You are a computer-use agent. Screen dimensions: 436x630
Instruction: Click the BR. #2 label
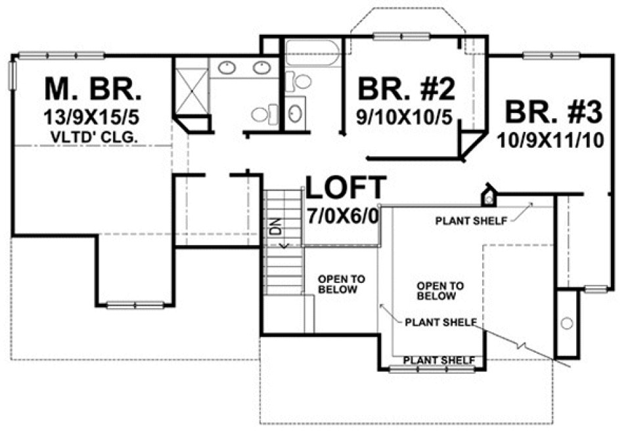(x=407, y=88)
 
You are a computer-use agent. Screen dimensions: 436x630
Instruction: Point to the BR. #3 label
(x=552, y=114)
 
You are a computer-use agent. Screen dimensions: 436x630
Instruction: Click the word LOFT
(x=346, y=188)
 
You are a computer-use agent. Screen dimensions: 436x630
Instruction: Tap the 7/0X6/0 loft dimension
(x=342, y=215)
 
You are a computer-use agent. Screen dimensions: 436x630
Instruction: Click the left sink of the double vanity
(x=228, y=66)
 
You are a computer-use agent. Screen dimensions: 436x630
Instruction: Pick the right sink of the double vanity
(x=261, y=66)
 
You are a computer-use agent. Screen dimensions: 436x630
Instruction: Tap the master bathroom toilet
(x=261, y=114)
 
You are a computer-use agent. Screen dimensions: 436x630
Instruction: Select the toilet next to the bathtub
(x=300, y=81)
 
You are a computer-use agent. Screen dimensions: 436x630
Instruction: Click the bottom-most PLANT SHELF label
(x=439, y=360)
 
